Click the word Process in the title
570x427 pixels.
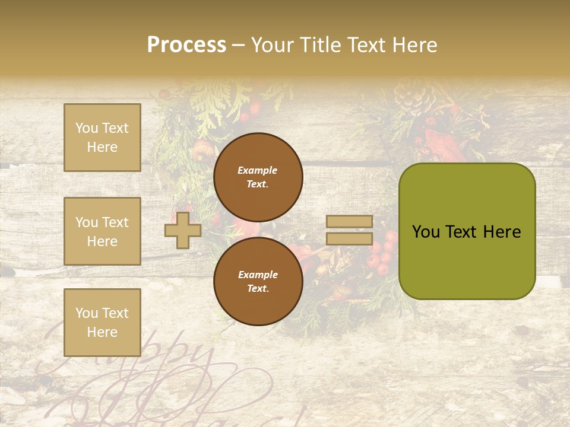186,45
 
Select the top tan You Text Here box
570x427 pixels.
102,138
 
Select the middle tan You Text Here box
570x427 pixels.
102,231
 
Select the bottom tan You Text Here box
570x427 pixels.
102,323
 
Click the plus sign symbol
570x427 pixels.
182,231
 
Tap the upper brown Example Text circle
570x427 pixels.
258,177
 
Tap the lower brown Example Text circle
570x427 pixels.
258,281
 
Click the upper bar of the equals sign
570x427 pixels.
349,222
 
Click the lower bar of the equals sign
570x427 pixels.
349,239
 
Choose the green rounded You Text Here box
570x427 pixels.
467,231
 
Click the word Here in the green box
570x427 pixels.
502,232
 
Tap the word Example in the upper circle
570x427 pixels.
257,170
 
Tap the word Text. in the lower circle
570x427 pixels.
258,288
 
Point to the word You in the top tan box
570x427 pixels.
87,128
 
